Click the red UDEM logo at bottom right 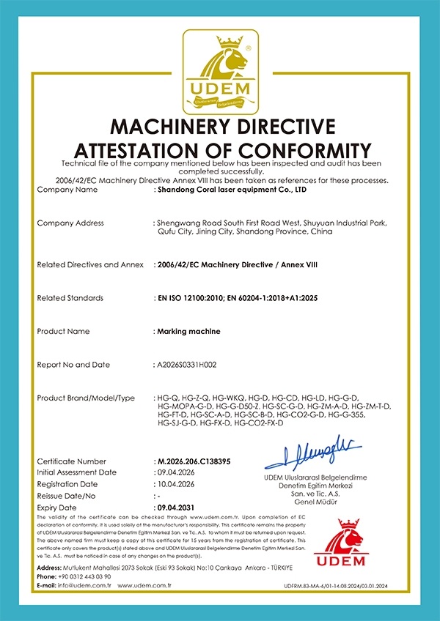(x=349, y=543)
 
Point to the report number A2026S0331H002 (x=196, y=364)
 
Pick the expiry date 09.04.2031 (x=177, y=507)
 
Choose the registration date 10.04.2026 (x=177, y=484)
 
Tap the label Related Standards (x=70, y=298)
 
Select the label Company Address (x=70, y=223)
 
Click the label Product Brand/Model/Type (x=86, y=398)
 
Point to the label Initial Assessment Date (x=76, y=472)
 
